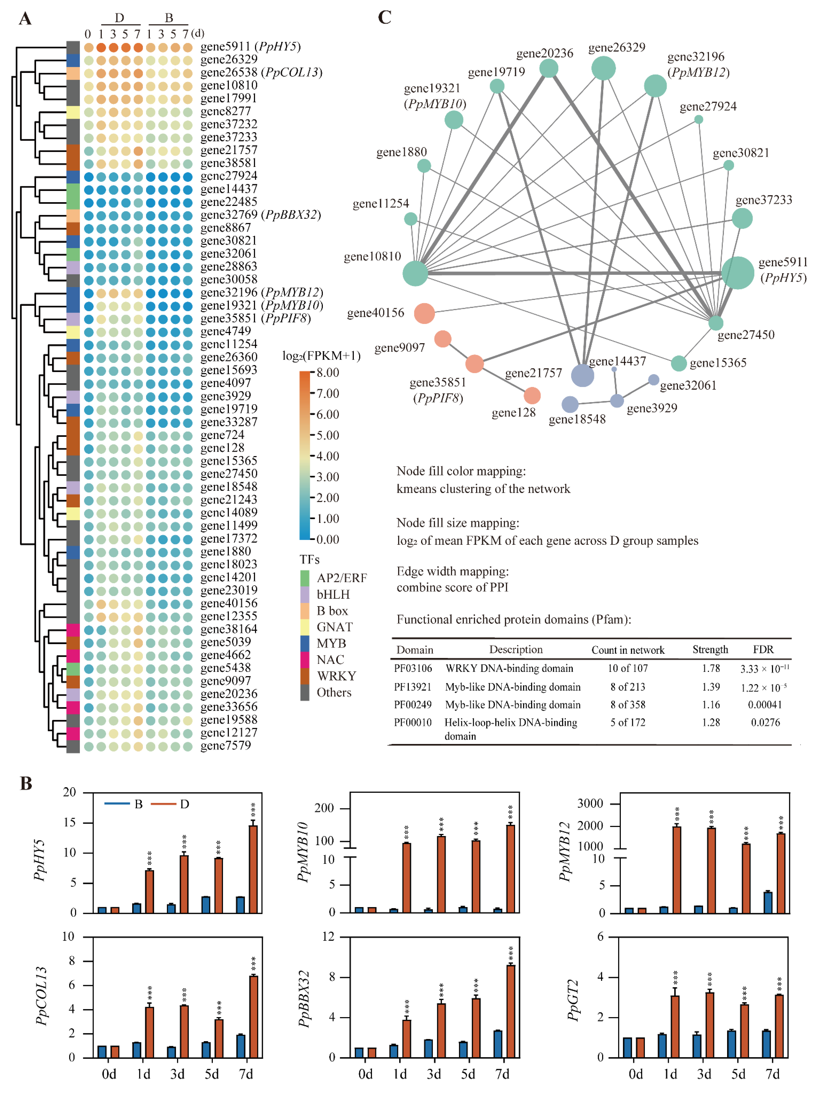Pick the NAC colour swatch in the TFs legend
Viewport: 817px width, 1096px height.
(305, 660)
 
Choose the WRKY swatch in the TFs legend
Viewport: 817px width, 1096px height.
(305, 676)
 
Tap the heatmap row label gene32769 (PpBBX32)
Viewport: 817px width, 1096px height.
(261, 215)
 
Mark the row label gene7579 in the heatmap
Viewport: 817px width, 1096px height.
(226, 746)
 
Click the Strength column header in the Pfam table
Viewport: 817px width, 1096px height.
(710, 650)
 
